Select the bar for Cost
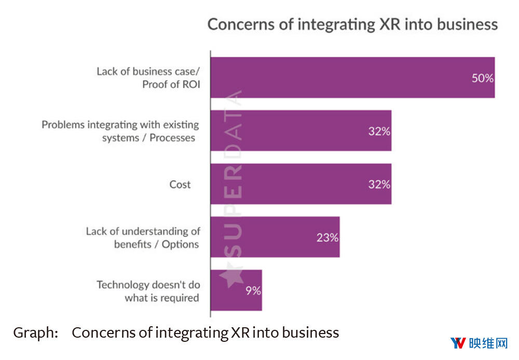[x=301, y=184]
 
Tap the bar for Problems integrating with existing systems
[x=301, y=130]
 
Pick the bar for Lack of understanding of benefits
[x=275, y=237]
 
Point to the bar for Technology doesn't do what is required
[x=236, y=290]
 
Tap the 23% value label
[x=327, y=237]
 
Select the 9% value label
[x=253, y=290]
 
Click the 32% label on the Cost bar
[x=379, y=184]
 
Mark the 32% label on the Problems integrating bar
[x=379, y=131]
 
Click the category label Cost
[x=180, y=184]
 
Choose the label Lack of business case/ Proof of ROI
[x=148, y=77]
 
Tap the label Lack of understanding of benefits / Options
[x=143, y=237]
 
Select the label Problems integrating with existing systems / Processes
[x=120, y=131]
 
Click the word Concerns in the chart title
[x=237, y=24]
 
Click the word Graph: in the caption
[x=35, y=332]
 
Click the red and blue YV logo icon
[x=457, y=343]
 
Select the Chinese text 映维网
[x=487, y=343]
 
